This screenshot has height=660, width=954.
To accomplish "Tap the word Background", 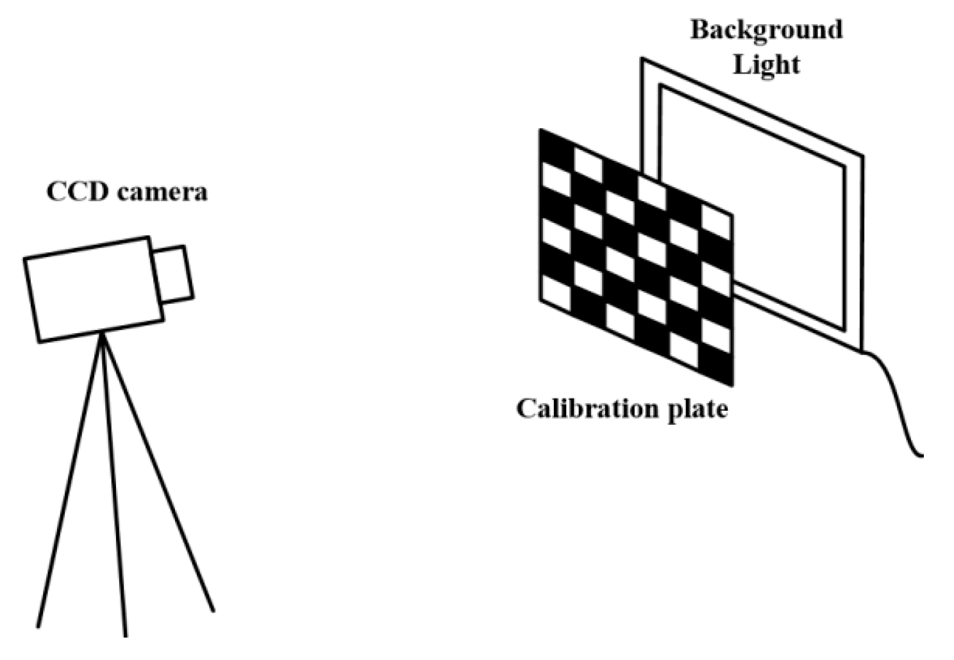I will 766,30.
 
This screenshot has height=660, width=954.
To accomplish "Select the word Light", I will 767,65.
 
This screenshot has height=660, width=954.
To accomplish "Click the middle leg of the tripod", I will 115,487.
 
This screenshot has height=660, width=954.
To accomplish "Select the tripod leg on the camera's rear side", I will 71,481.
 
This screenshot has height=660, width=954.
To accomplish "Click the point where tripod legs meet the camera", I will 102,335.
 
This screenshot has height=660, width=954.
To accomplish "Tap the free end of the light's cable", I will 922,456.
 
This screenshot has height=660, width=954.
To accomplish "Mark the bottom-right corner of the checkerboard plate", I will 732,385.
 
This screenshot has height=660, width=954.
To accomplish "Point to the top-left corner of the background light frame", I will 642,60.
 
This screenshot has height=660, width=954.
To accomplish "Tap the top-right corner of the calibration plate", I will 732,214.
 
